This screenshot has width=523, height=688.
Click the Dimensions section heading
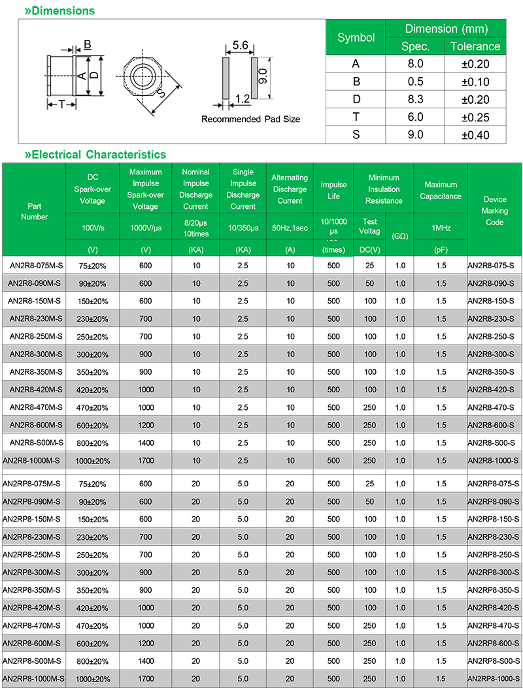pos(59,10)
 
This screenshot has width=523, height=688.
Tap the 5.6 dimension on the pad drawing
pos(240,46)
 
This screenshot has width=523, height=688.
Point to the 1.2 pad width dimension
pos(242,99)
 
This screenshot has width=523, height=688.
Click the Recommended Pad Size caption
pos(250,119)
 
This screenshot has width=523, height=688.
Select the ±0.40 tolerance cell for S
pos(475,134)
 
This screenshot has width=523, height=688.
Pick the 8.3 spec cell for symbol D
pos(415,99)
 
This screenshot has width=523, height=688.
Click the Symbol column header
pos(356,37)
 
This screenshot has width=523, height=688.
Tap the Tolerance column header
pos(475,46)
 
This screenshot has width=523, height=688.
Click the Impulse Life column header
pos(333,190)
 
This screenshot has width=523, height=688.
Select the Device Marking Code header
pos(495,210)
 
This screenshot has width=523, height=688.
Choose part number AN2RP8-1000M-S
pos(34,678)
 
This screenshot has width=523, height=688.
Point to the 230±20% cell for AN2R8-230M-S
pos(92,319)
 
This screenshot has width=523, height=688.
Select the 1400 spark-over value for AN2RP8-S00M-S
pos(145,661)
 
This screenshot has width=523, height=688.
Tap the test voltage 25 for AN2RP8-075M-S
pos(370,484)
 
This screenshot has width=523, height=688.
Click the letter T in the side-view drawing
pos(61,104)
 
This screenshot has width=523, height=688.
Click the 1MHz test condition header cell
pos(441,228)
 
